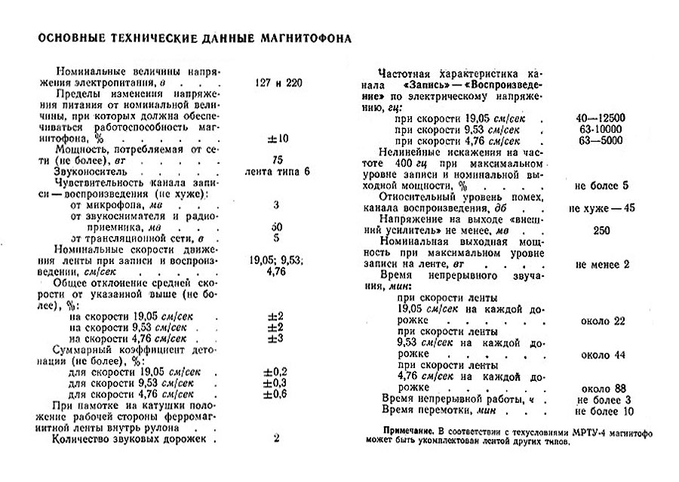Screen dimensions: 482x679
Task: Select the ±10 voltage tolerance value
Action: click(x=276, y=139)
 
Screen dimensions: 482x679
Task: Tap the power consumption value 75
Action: click(x=276, y=161)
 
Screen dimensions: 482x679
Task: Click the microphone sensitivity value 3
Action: click(x=276, y=204)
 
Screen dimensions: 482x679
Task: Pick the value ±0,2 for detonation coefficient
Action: click(x=276, y=372)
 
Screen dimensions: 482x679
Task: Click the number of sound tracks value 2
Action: click(x=276, y=437)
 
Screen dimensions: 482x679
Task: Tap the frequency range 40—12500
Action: click(x=600, y=118)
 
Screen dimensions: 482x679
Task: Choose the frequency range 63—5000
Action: click(x=600, y=140)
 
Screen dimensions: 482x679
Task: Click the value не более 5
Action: click(x=601, y=185)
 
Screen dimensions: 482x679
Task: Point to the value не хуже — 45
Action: click(x=601, y=207)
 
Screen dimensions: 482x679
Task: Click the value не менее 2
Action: click(x=601, y=264)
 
